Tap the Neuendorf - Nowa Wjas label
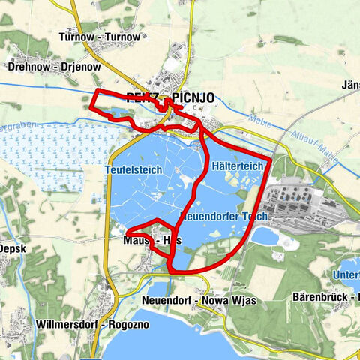(x=199, y=300)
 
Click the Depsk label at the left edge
(x=13, y=248)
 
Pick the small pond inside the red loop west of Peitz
(x=116, y=115)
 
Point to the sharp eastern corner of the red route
(x=268, y=159)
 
